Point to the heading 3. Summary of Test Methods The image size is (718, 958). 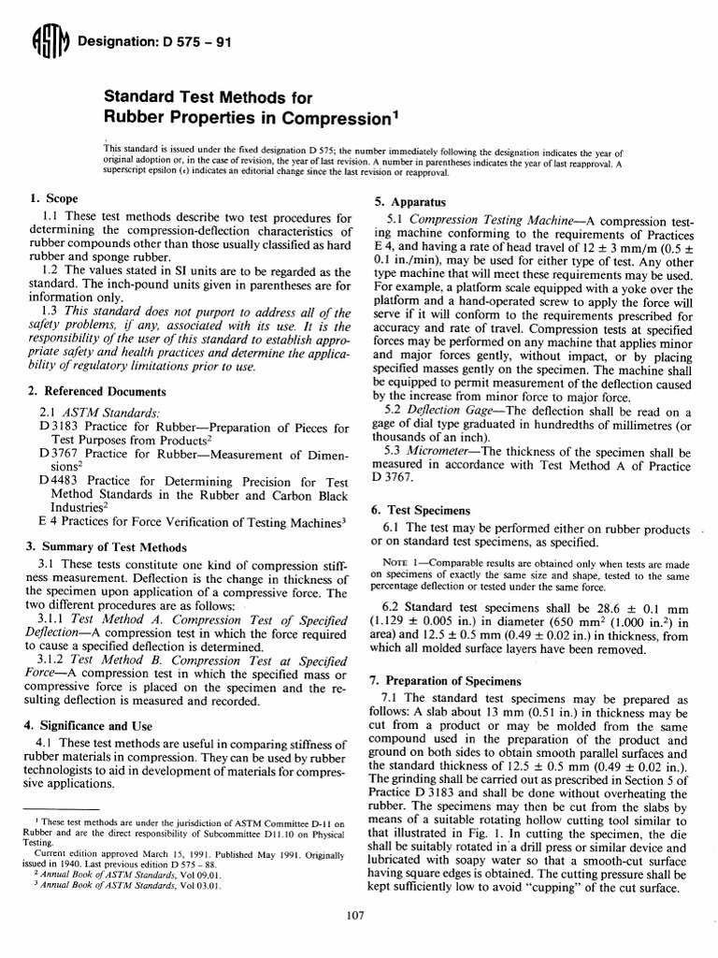pos(107,547)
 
